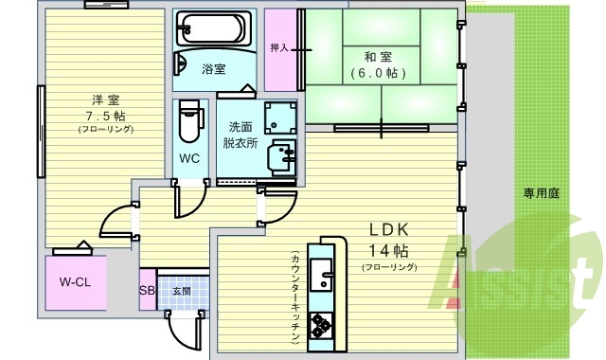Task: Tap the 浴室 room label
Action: pos(213,69)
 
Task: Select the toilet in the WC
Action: pos(190,120)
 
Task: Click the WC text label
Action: pos(190,158)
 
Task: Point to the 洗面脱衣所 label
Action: pos(241,135)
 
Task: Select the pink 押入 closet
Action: pos(279,47)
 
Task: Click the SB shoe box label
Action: pos(147,292)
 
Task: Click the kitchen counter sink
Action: pos(324,279)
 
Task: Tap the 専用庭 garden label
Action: pos(542,193)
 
